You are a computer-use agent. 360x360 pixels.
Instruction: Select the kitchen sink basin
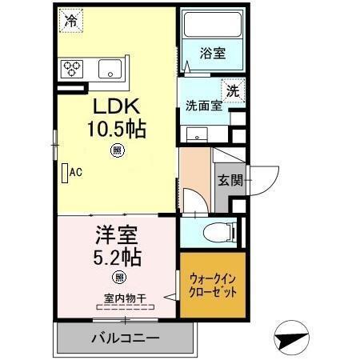[110, 70]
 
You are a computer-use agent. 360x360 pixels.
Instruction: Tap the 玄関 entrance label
[228, 180]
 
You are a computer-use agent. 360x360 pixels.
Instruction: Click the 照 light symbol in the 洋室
[118, 278]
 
